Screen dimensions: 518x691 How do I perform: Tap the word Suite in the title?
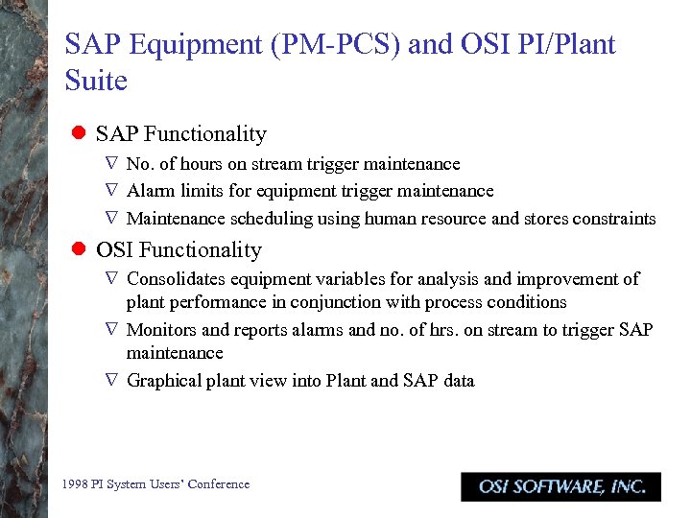(x=96, y=81)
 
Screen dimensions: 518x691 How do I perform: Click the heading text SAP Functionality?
(x=181, y=134)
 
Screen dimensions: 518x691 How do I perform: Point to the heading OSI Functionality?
(x=179, y=250)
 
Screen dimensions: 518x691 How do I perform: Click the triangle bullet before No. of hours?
(x=111, y=165)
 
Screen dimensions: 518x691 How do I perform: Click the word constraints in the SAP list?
(x=614, y=219)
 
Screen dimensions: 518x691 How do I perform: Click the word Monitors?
(x=161, y=330)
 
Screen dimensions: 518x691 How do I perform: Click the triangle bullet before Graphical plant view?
(x=111, y=381)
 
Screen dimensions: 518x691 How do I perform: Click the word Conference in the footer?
(x=220, y=484)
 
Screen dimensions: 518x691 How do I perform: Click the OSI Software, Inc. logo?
(x=560, y=486)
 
